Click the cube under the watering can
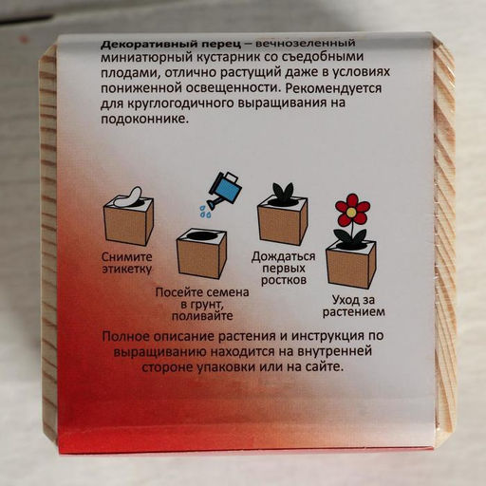[x=199, y=252]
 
